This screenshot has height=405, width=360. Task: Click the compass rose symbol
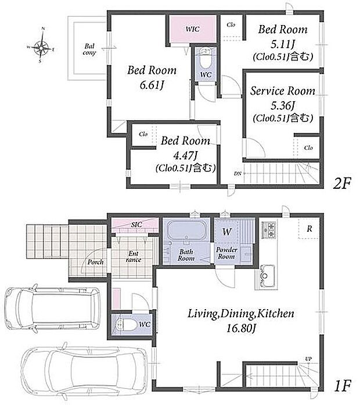[41, 47]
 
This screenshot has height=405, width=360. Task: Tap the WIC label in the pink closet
[193, 29]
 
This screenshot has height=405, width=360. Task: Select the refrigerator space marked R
[309, 228]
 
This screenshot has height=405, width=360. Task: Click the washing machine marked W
[227, 232]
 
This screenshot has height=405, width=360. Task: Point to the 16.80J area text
[241, 328]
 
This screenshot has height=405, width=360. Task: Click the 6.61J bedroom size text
[152, 85]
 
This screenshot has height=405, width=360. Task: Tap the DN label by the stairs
[237, 174]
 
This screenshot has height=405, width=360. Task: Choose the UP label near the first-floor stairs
[308, 359]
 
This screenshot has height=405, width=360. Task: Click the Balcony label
[89, 49]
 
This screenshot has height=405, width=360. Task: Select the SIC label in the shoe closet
[136, 224]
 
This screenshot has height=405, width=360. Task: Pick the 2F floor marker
[342, 184]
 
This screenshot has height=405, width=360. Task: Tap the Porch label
[95, 262]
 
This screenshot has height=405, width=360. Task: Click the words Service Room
[283, 91]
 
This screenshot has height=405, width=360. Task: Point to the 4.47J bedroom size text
[185, 156]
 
